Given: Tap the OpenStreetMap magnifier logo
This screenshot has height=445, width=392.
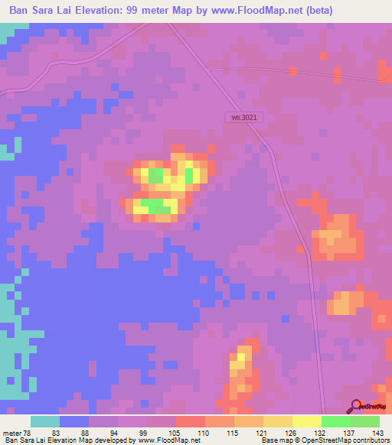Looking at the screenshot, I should tap(357, 407).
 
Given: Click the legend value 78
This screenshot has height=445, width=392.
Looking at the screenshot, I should tap(30, 432).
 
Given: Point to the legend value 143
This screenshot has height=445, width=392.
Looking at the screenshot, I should tap(378, 432).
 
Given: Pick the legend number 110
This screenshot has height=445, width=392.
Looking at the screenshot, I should tap(204, 432).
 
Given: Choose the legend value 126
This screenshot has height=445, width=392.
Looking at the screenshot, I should tap(292, 432).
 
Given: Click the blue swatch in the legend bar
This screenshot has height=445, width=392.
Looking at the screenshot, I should tap(74, 421).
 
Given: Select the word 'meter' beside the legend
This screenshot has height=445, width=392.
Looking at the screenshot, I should tap(11, 432).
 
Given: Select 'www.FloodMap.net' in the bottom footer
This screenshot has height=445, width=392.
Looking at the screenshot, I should tap(162, 440).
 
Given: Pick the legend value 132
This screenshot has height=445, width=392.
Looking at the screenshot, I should tap(321, 432).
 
